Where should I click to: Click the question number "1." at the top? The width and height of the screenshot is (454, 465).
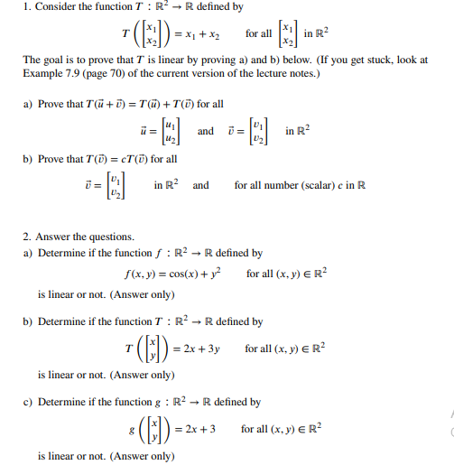[27, 7]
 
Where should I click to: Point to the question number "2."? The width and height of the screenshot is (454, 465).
[27, 237]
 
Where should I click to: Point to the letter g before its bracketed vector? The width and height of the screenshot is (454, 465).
[132, 428]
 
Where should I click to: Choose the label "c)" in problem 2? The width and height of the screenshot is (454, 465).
[29, 402]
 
